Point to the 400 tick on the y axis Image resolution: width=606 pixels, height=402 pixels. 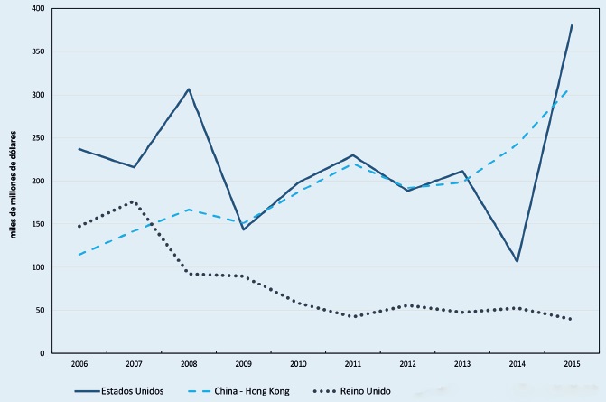pos(37,8)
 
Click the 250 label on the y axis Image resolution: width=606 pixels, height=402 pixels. pos(37,138)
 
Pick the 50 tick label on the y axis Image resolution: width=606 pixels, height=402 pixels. pos(39,311)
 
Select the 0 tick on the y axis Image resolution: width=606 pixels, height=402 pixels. pos(42,354)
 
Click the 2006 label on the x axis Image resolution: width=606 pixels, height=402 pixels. pos(79,364)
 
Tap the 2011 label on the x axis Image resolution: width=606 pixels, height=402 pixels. pos(352,364)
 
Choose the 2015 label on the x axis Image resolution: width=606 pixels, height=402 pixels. pos(571,364)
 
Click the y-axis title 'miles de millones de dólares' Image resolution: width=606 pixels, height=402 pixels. pos(14,181)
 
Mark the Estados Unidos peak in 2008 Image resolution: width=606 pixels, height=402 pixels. pos(188,89)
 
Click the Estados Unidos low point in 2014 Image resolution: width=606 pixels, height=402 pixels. pos(517,261)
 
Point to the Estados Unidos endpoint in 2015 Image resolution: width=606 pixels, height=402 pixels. pos(572,25)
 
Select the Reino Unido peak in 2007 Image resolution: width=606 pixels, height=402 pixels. pos(134,201)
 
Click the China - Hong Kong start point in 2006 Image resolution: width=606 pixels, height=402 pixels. pos(79,255)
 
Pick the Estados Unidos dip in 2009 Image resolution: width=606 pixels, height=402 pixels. pos(243,229)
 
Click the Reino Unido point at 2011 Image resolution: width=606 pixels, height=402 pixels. pos(352,316)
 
